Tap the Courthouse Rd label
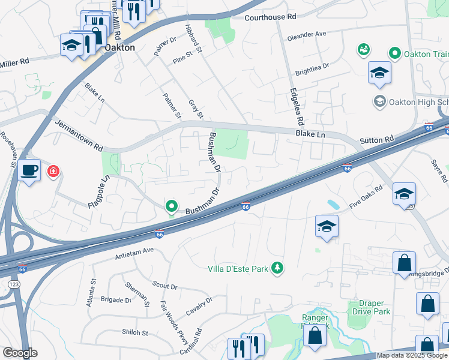coord(270,17)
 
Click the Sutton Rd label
coord(377,139)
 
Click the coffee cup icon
coord(29,170)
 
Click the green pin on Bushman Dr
coord(172,206)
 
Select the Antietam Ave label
coord(134,253)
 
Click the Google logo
coord(20,353)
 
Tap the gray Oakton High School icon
coord(379,101)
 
